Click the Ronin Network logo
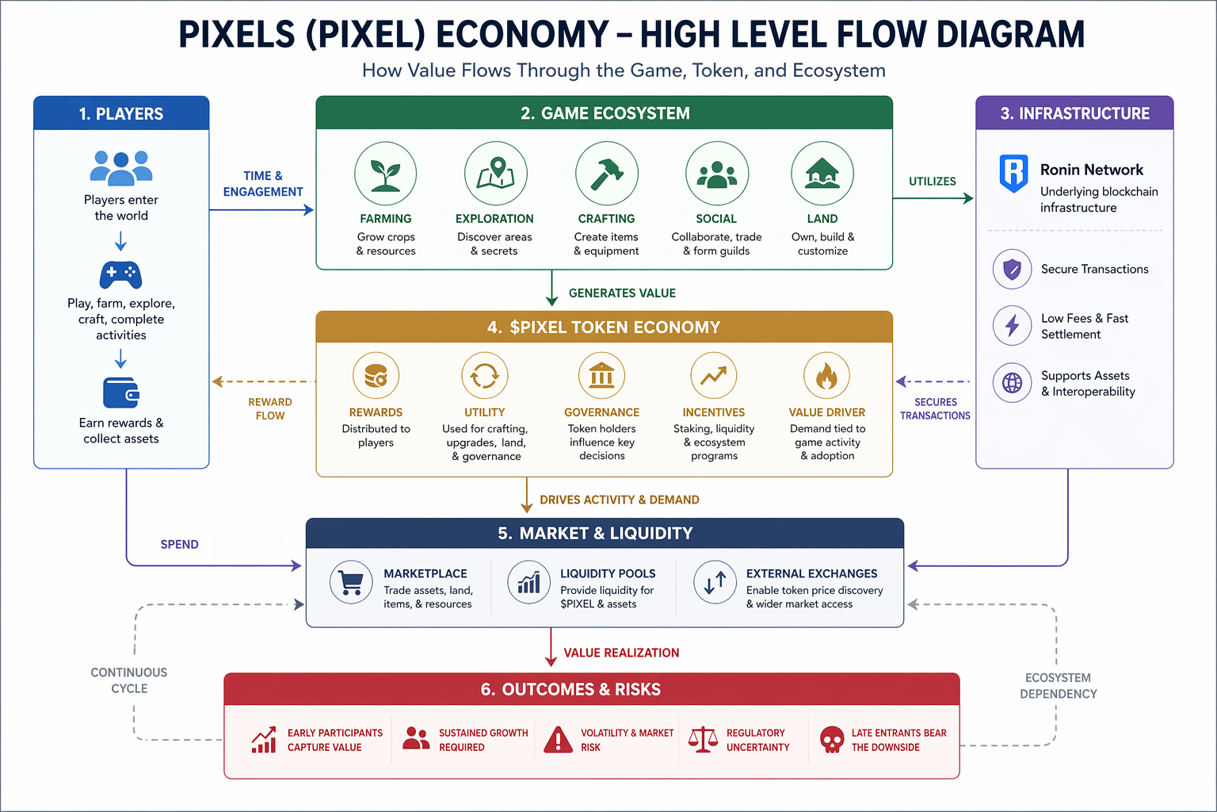pyautogui.click(x=1013, y=173)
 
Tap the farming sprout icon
pyautogui.click(x=386, y=174)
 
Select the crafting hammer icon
pyautogui.click(x=606, y=174)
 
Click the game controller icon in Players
pyautogui.click(x=120, y=274)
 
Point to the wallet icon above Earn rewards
pyautogui.click(x=120, y=393)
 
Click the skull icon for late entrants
pyautogui.click(x=831, y=740)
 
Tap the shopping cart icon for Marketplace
pyautogui.click(x=351, y=583)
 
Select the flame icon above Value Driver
pyautogui.click(x=826, y=376)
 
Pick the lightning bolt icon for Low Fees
pyautogui.click(x=1012, y=325)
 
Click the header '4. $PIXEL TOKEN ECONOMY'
pyautogui.click(x=604, y=327)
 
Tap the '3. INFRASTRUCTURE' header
pyautogui.click(x=1074, y=113)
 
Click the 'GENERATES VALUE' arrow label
pyautogui.click(x=622, y=293)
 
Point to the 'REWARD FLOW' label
pyautogui.click(x=270, y=408)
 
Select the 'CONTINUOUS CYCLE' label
pyautogui.click(x=129, y=680)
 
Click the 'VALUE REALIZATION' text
pyautogui.click(x=621, y=653)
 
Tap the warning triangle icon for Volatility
pyautogui.click(x=559, y=740)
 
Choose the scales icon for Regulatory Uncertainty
pyautogui.click(x=703, y=740)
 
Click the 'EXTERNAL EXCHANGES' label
pyautogui.click(x=811, y=573)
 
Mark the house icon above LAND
pyautogui.click(x=822, y=174)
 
